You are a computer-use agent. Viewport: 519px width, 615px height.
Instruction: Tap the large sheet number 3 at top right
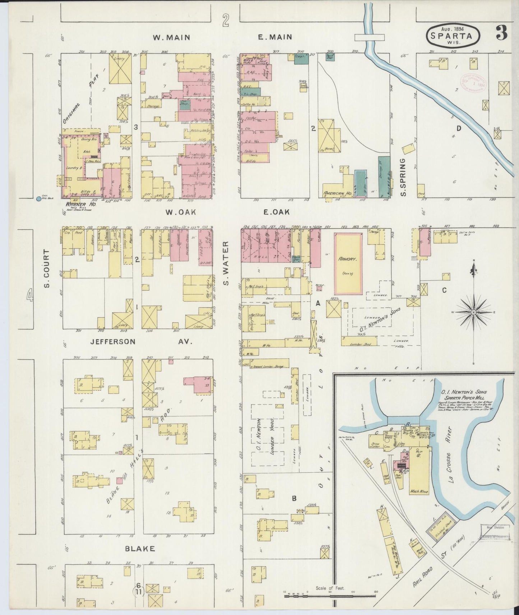pos(501,34)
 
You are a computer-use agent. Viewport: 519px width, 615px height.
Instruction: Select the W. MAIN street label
pos(171,37)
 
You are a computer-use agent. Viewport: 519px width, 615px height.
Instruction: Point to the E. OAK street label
pos(276,212)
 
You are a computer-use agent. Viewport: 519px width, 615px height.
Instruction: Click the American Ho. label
pos(337,192)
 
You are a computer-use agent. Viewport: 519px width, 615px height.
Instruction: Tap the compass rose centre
pos(473,313)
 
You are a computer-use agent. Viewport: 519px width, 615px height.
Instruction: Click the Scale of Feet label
pos(330,588)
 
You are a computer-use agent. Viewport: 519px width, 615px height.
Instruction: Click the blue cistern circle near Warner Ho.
pos(38,198)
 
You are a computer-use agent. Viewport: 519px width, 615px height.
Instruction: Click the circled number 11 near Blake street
pos(138,592)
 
